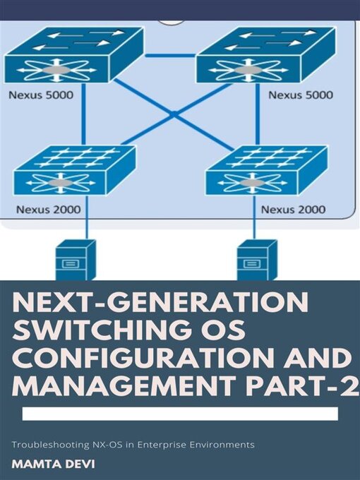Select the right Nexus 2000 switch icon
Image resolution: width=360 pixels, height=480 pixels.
tap(266, 172)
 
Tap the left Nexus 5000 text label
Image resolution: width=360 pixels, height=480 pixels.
tap(41, 93)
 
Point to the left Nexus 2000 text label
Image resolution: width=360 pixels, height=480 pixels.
tap(47, 209)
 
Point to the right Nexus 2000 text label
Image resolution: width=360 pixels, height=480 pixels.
tap(293, 209)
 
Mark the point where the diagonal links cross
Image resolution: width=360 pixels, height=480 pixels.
tap(173, 113)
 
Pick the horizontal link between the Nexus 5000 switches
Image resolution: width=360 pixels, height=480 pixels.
tap(170, 54)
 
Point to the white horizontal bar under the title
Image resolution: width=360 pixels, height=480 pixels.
tap(179, 414)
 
